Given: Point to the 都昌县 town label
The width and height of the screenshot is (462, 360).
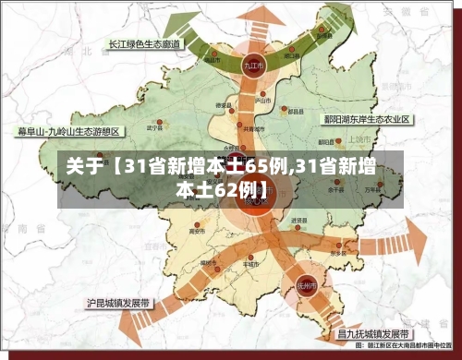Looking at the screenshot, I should click(296, 112).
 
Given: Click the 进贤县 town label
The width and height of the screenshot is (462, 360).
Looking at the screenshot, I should click(298, 221).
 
